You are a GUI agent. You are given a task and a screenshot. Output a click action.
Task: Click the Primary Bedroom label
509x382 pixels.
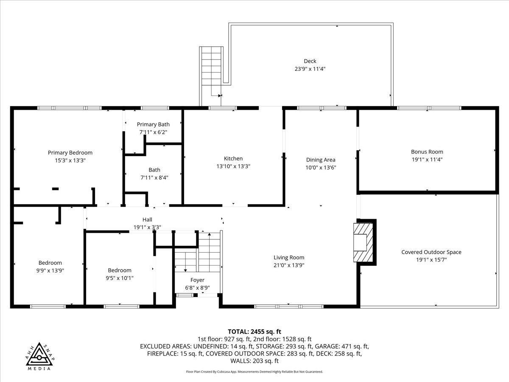70,153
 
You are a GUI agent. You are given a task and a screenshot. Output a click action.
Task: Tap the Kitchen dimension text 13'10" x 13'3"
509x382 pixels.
233,166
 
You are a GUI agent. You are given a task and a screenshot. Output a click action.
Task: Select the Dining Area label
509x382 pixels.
321,160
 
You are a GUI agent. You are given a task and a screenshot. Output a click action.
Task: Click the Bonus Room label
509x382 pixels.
427,152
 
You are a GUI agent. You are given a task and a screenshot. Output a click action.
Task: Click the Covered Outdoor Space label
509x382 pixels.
431,252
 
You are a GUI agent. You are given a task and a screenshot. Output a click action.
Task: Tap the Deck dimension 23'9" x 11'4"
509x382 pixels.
310,69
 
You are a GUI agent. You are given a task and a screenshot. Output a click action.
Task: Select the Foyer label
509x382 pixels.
197,280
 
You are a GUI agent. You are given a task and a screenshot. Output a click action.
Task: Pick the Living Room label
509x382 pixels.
289,257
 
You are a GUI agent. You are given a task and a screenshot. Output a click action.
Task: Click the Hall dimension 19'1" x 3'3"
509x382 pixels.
147,227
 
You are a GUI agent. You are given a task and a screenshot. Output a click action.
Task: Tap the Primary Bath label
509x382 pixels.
153,124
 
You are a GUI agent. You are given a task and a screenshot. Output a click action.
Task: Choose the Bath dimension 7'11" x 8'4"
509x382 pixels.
154,178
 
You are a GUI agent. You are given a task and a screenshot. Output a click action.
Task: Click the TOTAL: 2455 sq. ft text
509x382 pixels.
255,331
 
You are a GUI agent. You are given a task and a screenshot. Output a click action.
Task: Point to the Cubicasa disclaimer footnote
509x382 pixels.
255,372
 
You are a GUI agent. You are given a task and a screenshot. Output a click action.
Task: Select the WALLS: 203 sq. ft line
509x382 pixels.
255,361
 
